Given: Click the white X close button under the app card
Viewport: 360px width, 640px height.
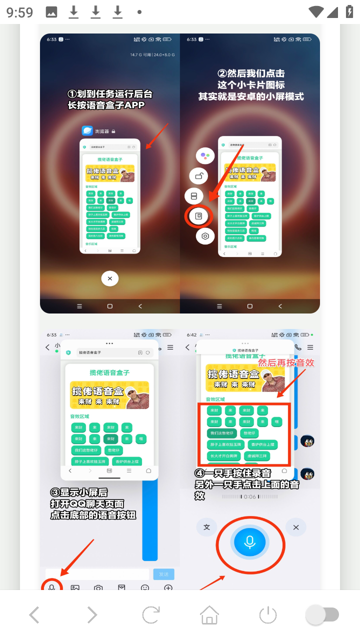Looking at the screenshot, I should pyautogui.click(x=109, y=278).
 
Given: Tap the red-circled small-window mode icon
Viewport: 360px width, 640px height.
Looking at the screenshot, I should pyautogui.click(x=199, y=216).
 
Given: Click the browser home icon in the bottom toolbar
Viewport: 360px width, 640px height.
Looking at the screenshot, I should pyautogui.click(x=209, y=614).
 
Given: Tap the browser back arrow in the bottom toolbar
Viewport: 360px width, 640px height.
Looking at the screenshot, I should pyautogui.click(x=34, y=614).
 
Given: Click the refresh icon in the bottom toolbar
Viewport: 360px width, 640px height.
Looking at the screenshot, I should pyautogui.click(x=150, y=614).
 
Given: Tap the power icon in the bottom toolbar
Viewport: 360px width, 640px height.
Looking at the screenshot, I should pyautogui.click(x=268, y=614).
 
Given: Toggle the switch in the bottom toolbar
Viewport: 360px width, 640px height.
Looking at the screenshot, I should pyautogui.click(x=322, y=614).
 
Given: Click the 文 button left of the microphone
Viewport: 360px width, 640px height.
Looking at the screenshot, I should pyautogui.click(x=206, y=527).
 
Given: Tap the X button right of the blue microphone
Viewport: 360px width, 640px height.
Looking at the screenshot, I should pyautogui.click(x=296, y=527).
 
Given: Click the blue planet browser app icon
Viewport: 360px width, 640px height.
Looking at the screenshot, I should pyautogui.click(x=88, y=131).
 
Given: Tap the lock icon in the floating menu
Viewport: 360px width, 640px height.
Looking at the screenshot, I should pyautogui.click(x=198, y=176).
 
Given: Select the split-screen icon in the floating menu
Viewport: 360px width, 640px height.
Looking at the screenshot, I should pyautogui.click(x=194, y=196).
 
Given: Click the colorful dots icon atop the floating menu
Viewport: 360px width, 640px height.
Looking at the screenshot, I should pyautogui.click(x=205, y=156).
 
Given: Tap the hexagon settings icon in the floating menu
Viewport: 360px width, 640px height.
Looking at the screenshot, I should pyautogui.click(x=205, y=236).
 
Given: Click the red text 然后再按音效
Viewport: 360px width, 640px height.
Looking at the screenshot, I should pyautogui.click(x=286, y=362).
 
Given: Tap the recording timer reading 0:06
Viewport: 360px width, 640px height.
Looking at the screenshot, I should pyautogui.click(x=249, y=496).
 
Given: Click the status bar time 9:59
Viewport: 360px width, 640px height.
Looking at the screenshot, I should pyautogui.click(x=20, y=12).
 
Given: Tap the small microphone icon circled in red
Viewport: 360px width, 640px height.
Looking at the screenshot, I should pyautogui.click(x=51, y=587).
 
